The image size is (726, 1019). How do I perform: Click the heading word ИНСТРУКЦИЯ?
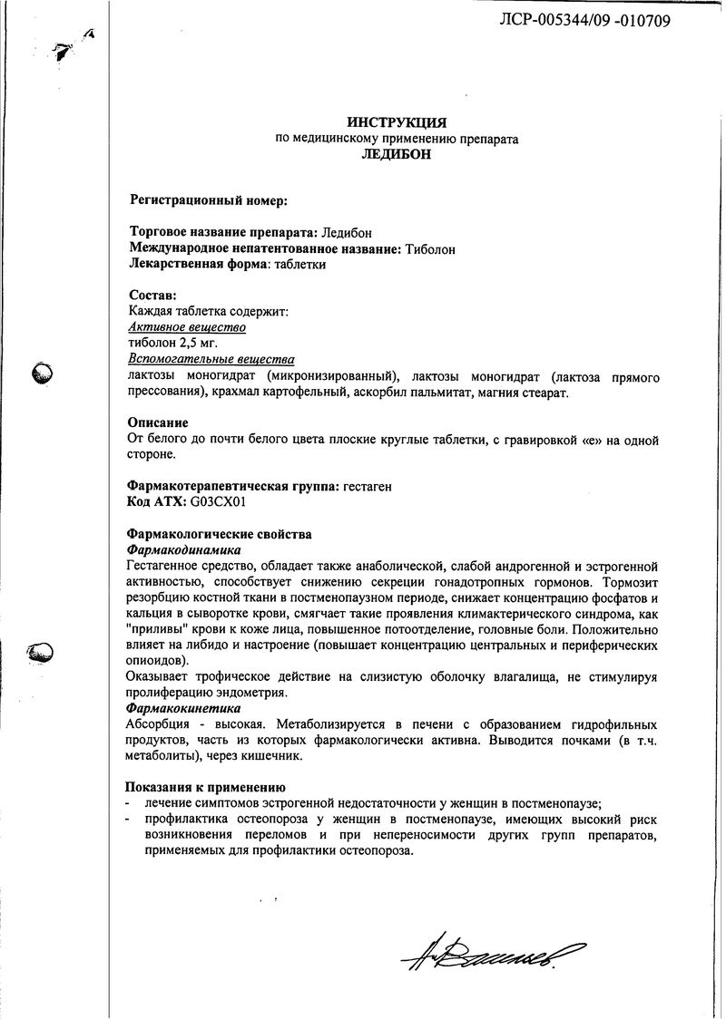pos(397,123)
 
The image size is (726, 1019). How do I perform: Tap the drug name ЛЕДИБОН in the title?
pos(397,155)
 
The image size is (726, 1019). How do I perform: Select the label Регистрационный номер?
pos(208,199)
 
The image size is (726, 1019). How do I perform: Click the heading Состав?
pos(153,296)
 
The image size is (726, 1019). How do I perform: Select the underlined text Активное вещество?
pos(187,327)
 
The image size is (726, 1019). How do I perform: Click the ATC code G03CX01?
pos(219,502)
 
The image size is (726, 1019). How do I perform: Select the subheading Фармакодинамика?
pos(182,549)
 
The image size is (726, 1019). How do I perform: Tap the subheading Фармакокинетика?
pos(182,707)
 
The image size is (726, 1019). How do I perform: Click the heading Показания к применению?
pos(206,787)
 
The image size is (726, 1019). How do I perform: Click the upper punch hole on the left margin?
pos(44,373)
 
